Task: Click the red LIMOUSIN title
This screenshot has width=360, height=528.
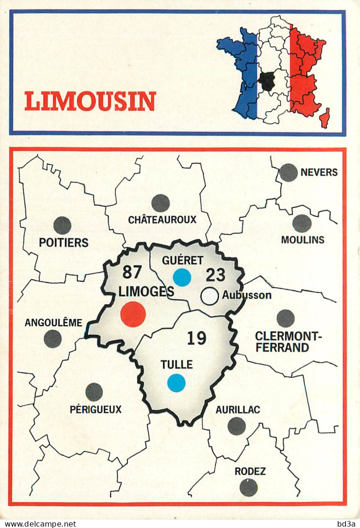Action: click(x=90, y=101)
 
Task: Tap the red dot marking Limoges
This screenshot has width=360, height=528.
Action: click(x=133, y=314)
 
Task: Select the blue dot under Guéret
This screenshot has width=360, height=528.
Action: click(x=182, y=278)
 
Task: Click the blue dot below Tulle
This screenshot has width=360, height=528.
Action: click(x=176, y=382)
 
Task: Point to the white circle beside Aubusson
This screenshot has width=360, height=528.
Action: click(x=210, y=296)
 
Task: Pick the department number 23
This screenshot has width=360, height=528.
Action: click(x=215, y=275)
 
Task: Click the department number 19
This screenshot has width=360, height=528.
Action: click(x=196, y=338)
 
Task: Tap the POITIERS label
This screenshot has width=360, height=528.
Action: click(x=64, y=243)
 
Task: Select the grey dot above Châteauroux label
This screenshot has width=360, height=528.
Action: click(x=160, y=203)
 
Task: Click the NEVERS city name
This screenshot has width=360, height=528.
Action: click(x=319, y=173)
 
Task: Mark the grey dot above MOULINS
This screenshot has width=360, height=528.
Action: click(x=302, y=223)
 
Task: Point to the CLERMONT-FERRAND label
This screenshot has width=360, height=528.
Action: click(x=282, y=342)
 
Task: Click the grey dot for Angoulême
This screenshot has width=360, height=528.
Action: click(x=53, y=339)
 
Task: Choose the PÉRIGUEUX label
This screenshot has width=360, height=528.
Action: click(x=96, y=410)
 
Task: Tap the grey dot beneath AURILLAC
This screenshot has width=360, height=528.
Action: click(x=236, y=426)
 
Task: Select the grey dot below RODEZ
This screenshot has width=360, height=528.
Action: click(x=249, y=487)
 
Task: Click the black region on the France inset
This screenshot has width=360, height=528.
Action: click(x=267, y=81)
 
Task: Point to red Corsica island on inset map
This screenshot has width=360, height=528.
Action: click(x=325, y=118)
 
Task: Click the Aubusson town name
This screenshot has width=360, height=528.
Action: click(x=247, y=295)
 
